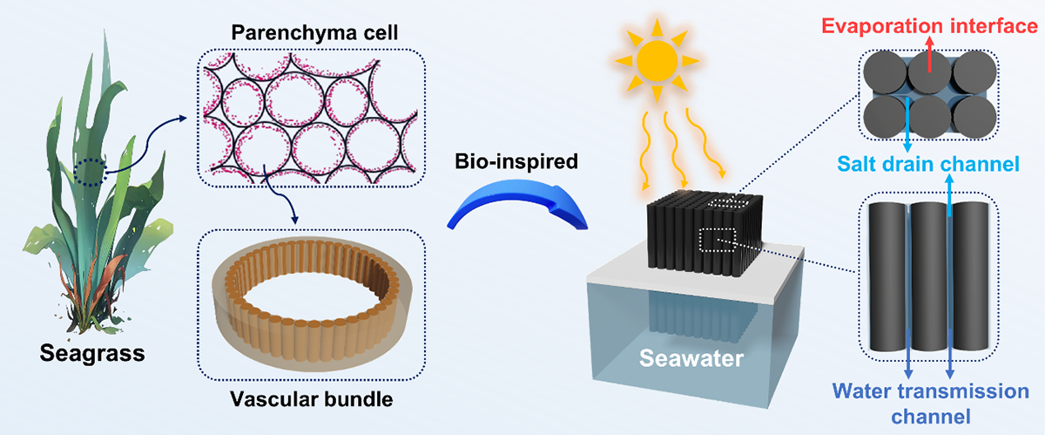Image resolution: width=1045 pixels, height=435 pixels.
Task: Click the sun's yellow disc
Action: pyautogui.click(x=657, y=60)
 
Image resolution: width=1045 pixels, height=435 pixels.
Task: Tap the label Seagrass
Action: pyautogui.click(x=92, y=353)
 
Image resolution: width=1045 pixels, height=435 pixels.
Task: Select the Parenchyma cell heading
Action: pyautogui.click(x=314, y=33)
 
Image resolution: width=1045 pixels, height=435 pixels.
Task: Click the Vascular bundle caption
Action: pyautogui.click(x=312, y=399)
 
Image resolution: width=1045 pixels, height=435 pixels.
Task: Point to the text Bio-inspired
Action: pyautogui.click(x=516, y=161)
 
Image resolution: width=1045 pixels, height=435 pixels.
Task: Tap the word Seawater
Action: pyautogui.click(x=691, y=358)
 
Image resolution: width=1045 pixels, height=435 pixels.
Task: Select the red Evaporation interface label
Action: pyautogui.click(x=929, y=25)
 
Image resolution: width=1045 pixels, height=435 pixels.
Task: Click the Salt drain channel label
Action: pyautogui.click(x=928, y=164)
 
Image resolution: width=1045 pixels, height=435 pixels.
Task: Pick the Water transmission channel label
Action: pyautogui.click(x=931, y=404)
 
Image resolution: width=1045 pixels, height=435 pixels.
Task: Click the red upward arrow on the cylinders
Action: pyautogui.click(x=930, y=54)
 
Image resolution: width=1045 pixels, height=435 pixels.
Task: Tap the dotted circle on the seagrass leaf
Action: pyautogui.click(x=90, y=172)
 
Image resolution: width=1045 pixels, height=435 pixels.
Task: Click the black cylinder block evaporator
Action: pyautogui.click(x=705, y=232)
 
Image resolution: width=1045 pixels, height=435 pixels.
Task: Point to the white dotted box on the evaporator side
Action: pyautogui.click(x=718, y=240)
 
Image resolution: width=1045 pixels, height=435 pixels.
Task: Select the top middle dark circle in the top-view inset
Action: pyautogui.click(x=930, y=73)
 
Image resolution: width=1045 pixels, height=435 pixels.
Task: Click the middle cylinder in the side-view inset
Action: pyautogui.click(x=929, y=276)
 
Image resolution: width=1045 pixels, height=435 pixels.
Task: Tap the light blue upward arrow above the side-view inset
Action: pyautogui.click(x=949, y=195)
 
